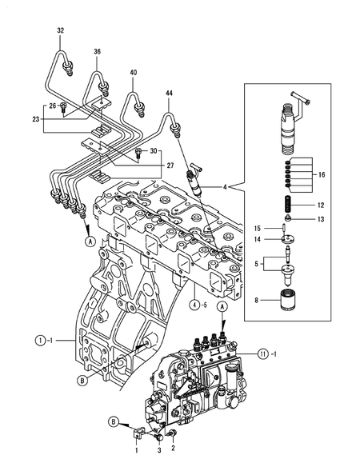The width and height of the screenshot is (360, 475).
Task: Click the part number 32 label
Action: pyautogui.click(x=60, y=30)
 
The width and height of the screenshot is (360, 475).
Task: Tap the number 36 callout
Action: pyautogui.click(x=97, y=52)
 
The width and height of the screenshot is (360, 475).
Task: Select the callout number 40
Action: pyautogui.click(x=133, y=74)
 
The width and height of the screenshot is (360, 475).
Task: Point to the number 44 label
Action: pyautogui.click(x=170, y=94)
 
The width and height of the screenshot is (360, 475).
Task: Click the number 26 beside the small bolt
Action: pyautogui.click(x=52, y=106)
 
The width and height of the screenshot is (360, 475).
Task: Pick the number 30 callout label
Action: pyautogui.click(x=154, y=151)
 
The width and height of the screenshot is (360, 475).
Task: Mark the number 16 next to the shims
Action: pyautogui.click(x=322, y=173)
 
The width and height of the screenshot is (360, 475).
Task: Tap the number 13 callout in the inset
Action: pyautogui.click(x=322, y=218)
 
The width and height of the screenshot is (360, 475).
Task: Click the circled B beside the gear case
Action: pyautogui.click(x=82, y=381)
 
